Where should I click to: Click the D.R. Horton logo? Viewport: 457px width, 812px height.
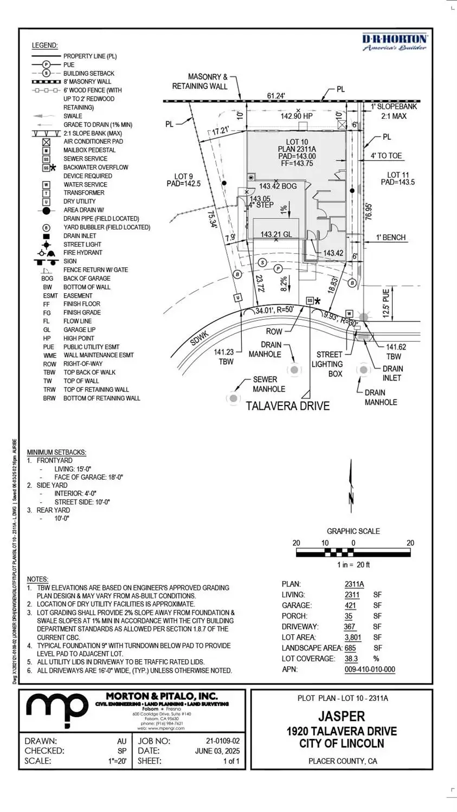pos(394,42)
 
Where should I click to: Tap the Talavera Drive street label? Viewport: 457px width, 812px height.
pos(287,406)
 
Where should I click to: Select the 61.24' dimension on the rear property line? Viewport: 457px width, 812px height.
pos(276,96)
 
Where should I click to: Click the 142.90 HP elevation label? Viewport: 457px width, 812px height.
pos(297,116)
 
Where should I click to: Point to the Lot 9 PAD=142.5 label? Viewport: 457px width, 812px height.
pos(183,180)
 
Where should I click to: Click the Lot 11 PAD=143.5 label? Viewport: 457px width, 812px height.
pos(397,178)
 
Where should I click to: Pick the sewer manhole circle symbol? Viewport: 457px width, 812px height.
pos(233,398)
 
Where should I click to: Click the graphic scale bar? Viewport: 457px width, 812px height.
pos(353,552)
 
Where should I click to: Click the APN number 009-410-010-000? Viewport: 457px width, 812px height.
pos(370,669)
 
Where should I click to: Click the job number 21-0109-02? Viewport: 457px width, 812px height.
pos(222,741)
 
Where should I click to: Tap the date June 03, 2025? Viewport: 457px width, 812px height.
pos(217,751)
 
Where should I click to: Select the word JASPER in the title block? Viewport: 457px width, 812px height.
pos(342,716)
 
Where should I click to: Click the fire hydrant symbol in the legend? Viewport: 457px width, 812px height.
pos(46,253)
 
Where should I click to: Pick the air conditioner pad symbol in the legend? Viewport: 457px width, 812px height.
pos(46,141)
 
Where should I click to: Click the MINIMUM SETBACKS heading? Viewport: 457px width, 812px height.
pos(56,452)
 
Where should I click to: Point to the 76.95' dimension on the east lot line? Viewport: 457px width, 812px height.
pos(369,211)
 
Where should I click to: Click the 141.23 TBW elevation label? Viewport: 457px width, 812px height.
pos(224,356)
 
